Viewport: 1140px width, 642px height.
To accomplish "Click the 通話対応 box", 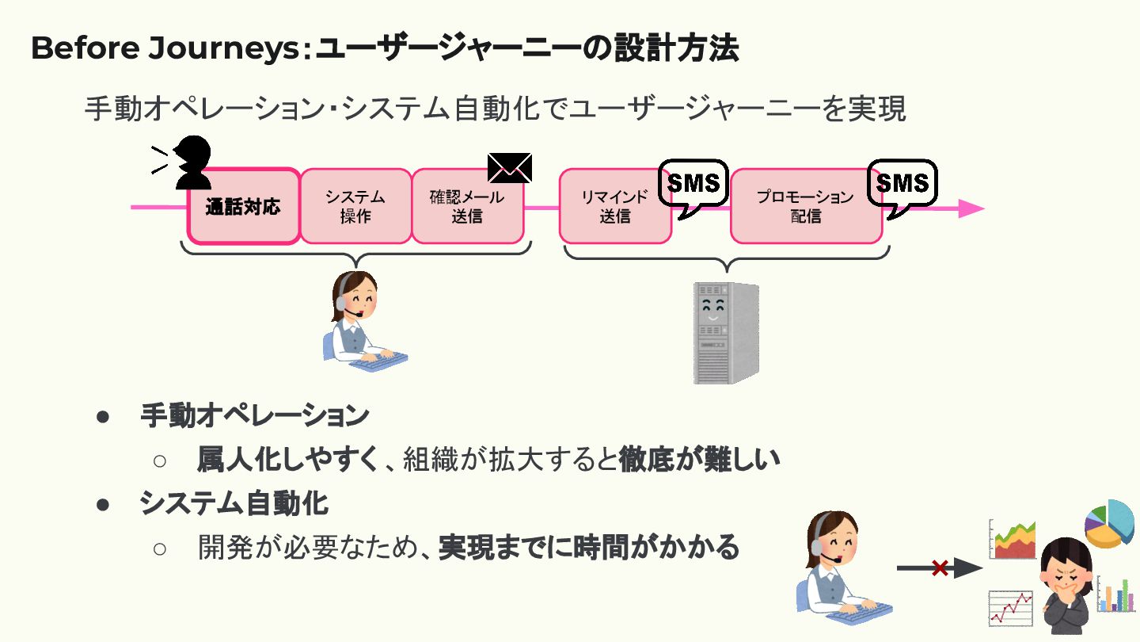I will point(243,207).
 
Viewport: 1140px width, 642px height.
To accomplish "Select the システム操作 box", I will point(355,206).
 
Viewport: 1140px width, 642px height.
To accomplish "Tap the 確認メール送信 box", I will point(467,206).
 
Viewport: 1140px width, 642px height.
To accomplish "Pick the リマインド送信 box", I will point(615,206).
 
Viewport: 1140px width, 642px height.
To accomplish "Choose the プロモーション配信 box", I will point(805,206).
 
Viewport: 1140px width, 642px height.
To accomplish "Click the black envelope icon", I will point(510,167).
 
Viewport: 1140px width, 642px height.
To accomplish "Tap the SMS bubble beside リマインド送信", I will point(693,185).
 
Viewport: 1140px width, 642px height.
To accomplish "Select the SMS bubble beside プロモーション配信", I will point(902,185).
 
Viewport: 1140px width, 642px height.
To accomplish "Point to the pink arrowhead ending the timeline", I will point(971,208).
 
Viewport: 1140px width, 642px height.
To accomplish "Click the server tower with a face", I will point(725,333).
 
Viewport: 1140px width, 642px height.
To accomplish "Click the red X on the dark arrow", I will point(940,567).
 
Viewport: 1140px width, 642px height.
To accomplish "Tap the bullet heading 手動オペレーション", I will point(254,415).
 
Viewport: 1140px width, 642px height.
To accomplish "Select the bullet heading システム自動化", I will point(234,503).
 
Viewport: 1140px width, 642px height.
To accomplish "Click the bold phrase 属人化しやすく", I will point(287,459).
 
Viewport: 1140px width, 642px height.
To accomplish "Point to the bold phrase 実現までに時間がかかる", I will point(589,546).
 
